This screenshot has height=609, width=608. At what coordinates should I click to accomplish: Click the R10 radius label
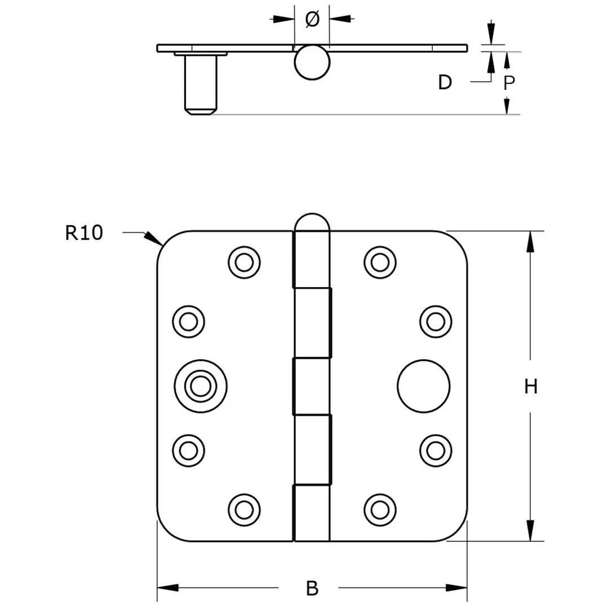click(84, 232)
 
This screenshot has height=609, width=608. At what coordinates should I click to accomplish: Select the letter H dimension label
click(531, 387)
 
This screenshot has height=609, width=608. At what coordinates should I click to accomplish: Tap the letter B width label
click(312, 588)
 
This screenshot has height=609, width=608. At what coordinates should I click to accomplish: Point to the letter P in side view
click(509, 83)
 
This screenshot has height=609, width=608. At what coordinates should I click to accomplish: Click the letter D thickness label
click(445, 82)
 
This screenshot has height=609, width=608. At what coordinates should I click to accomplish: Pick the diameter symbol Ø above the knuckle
click(312, 19)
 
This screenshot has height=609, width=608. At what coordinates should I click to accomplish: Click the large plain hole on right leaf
click(424, 386)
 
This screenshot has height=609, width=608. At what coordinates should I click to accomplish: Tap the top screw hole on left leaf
click(245, 262)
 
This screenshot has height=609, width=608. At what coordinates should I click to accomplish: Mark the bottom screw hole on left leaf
click(245, 509)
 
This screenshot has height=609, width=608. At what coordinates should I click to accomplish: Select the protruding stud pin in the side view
click(200, 85)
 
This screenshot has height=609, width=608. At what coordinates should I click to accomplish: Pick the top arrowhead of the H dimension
click(530, 241)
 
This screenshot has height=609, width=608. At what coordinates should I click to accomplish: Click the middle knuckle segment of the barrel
click(312, 386)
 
